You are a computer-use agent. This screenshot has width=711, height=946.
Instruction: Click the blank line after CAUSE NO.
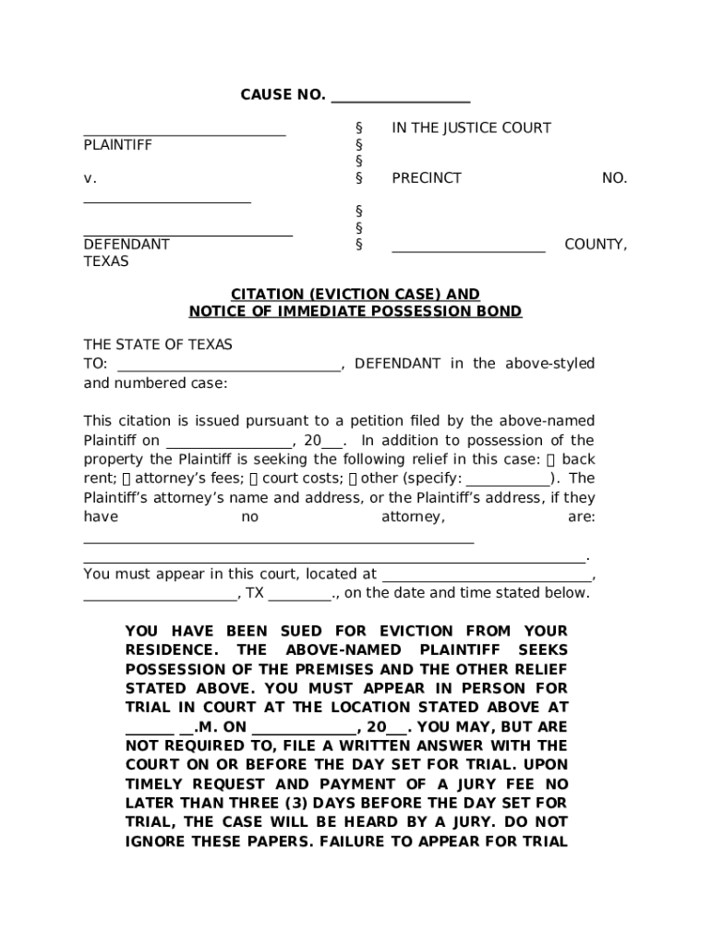tap(400, 96)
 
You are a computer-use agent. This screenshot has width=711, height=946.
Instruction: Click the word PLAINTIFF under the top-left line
tap(118, 145)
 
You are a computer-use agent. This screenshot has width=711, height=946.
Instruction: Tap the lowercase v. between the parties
tap(90, 178)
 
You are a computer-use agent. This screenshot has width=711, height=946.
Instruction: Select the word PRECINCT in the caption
tap(427, 178)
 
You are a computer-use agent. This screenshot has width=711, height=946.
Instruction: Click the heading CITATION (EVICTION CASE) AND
tap(355, 295)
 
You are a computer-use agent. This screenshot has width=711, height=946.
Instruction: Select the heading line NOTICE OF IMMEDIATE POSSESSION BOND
tap(355, 312)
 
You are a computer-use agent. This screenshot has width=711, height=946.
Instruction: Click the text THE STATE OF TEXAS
tap(158, 345)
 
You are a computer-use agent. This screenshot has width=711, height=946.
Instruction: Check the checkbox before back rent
tap(551, 460)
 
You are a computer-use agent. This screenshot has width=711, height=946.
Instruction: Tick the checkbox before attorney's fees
tap(127, 479)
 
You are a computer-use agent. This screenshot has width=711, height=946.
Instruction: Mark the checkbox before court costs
tap(254, 479)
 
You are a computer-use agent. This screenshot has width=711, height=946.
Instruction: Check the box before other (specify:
tap(353, 479)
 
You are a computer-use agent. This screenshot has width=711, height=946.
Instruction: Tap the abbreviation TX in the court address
tap(254, 593)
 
